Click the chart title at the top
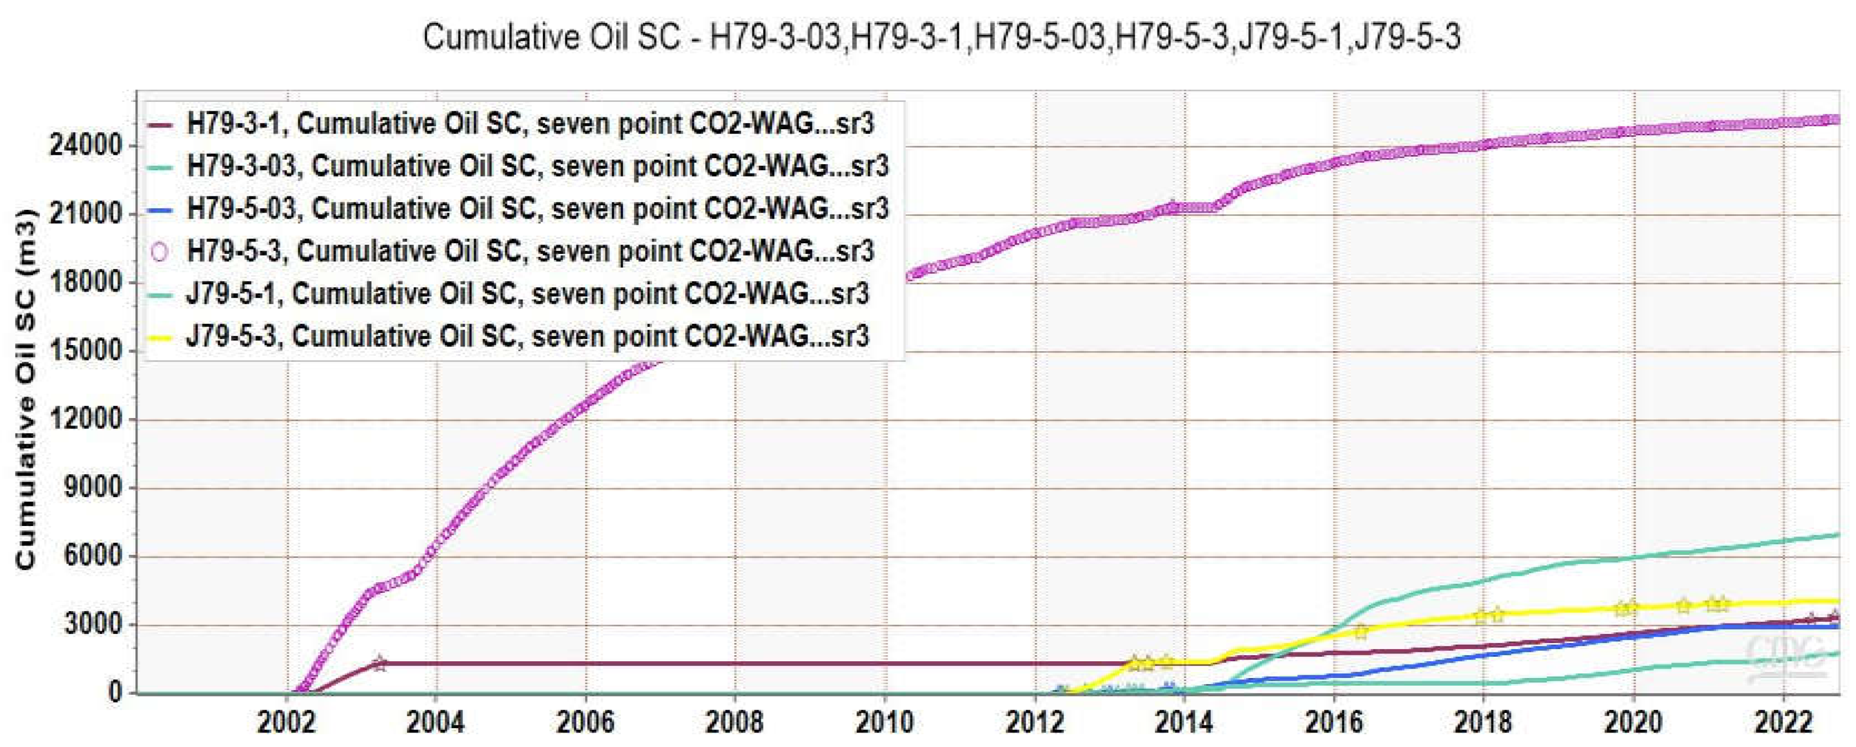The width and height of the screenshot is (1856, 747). (941, 37)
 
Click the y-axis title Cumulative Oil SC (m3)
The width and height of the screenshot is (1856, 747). (26, 389)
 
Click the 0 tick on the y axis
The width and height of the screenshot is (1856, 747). (115, 692)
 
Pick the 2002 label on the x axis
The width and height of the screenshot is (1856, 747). (287, 723)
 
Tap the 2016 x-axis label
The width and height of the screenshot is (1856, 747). (1333, 723)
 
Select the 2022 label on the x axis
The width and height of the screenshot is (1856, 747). (1783, 723)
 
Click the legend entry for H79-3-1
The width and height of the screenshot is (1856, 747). (530, 124)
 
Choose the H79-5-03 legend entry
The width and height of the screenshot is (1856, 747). (537, 209)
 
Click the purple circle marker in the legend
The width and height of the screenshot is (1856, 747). (159, 252)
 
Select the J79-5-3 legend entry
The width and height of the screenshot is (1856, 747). (528, 336)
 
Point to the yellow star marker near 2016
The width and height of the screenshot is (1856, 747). (1360, 632)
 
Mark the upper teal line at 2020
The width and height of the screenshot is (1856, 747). (1633, 557)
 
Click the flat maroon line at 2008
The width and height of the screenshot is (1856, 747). (735, 664)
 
